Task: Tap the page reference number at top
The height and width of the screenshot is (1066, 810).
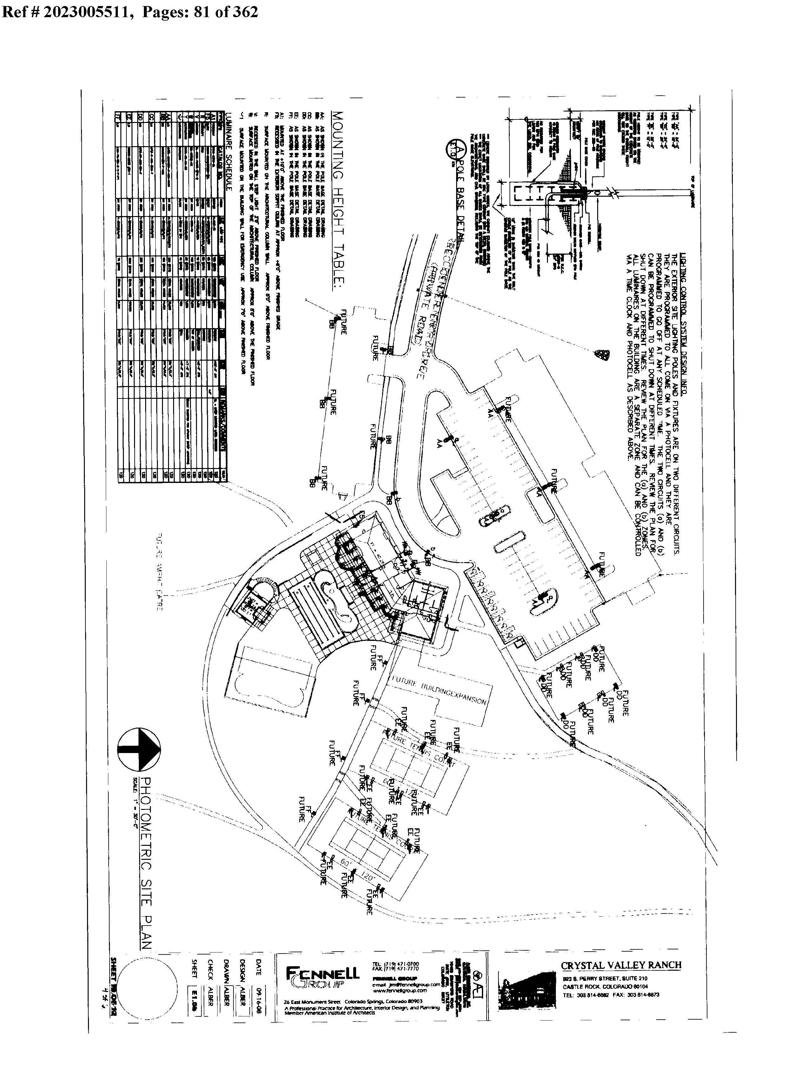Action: point(130,12)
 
